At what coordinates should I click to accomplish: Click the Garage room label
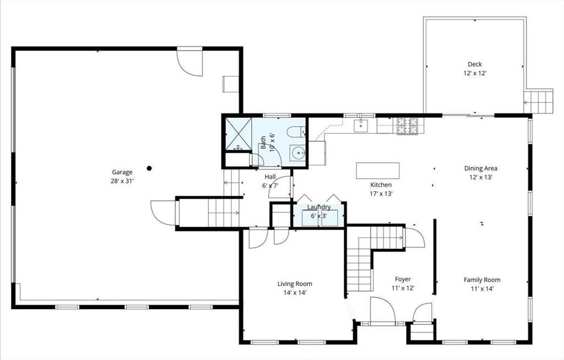pos(122,172)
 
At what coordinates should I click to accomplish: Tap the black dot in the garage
pos(149,168)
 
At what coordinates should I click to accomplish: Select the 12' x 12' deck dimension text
pos(474,73)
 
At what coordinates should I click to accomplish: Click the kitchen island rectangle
pos(378,170)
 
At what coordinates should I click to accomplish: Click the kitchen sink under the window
pos(361,126)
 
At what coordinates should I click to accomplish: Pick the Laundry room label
pos(319,207)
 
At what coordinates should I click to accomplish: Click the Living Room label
pos(295,284)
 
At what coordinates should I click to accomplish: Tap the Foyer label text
pos(403,279)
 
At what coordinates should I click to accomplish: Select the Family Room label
pos(482,280)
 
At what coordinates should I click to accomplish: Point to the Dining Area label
pos(481,168)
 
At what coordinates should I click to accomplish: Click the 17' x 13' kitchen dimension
pos(381,193)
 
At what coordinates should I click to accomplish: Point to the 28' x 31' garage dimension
pos(122,181)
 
